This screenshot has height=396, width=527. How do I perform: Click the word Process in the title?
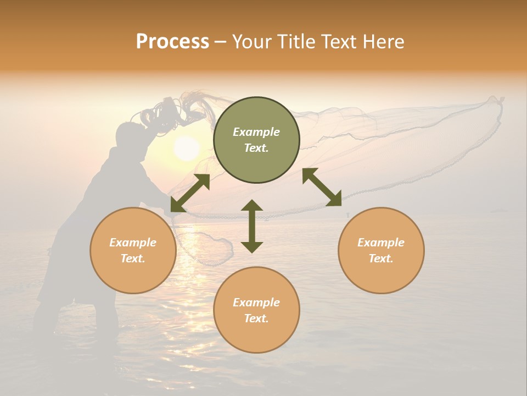click(x=172, y=42)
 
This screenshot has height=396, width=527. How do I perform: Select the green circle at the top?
click(x=256, y=140)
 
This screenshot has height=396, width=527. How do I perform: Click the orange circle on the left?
click(x=133, y=250)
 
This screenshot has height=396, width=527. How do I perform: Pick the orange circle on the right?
click(x=381, y=250)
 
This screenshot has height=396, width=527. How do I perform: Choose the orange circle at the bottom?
click(x=256, y=310)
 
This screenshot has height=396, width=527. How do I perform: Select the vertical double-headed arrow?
click(x=252, y=226)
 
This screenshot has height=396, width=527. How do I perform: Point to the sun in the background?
click(x=187, y=148)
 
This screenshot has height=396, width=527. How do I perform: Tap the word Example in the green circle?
click(x=256, y=132)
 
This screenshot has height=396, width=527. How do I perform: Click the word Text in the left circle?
click(x=133, y=258)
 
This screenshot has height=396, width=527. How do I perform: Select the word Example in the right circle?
click(x=381, y=243)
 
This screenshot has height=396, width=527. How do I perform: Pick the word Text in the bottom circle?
click(x=256, y=318)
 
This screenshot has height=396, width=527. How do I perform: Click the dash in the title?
click(x=221, y=42)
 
